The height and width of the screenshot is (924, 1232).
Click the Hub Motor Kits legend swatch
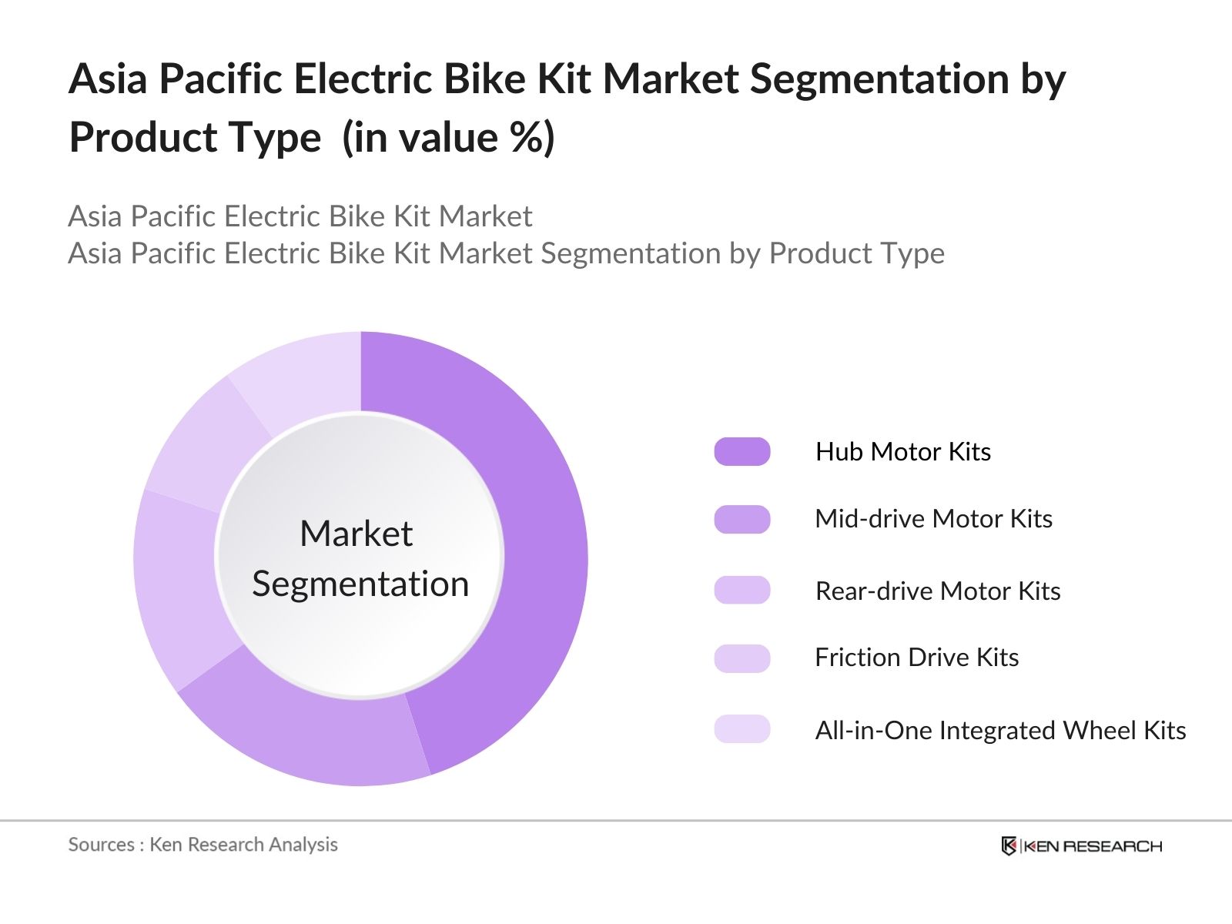coord(742,451)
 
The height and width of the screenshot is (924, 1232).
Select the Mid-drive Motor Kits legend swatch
coord(742,520)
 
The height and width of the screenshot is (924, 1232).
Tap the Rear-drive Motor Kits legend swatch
coord(742,590)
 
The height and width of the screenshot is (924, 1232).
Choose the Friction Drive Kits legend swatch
coord(742,658)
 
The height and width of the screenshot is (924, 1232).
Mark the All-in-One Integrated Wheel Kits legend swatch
coord(742,728)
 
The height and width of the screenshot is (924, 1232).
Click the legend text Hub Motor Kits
coord(902,451)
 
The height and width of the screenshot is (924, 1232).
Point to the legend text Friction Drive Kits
coord(916,658)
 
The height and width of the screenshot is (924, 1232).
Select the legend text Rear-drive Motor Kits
coord(937,591)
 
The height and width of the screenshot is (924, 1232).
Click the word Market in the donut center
coord(356,533)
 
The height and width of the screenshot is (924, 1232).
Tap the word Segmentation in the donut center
coord(360,584)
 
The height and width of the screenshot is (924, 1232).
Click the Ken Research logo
coord(1081,846)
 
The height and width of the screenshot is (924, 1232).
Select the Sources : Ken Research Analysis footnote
coord(203,845)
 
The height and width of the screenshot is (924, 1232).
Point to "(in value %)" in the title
coord(448,139)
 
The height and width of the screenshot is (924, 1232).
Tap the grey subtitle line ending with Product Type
coord(506,253)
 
